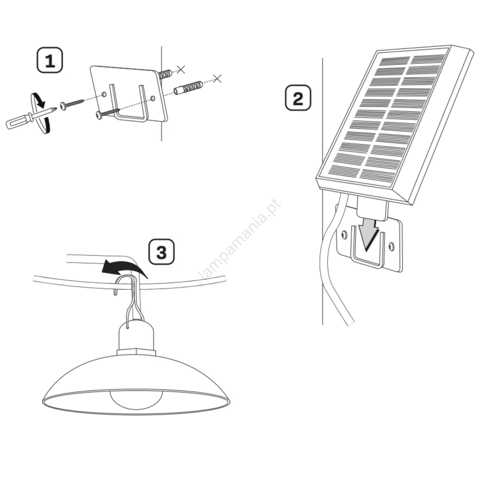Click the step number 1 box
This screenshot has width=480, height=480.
click(50, 60)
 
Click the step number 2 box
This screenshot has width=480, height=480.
click(298, 98)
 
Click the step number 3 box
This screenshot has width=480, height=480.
click(162, 252)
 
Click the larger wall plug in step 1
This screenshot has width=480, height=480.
click(188, 87)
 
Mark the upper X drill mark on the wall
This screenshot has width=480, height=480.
click(181, 69)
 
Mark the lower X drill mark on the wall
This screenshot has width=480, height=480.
click(217, 79)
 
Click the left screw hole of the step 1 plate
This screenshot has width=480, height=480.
click(104, 94)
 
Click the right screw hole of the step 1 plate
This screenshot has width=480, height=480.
click(153, 98)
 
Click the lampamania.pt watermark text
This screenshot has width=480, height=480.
click(240, 239)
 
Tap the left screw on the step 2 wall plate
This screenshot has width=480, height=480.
click(344, 235)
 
